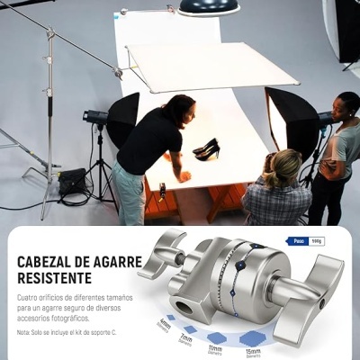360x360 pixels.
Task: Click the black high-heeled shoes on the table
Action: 207,148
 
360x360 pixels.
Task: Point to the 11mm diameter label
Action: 215,348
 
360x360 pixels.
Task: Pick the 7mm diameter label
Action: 186,339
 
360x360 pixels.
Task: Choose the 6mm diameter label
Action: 165,323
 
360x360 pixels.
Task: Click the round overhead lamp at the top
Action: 209,7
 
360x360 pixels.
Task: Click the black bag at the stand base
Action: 72,180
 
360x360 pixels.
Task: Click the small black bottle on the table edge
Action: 162,190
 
